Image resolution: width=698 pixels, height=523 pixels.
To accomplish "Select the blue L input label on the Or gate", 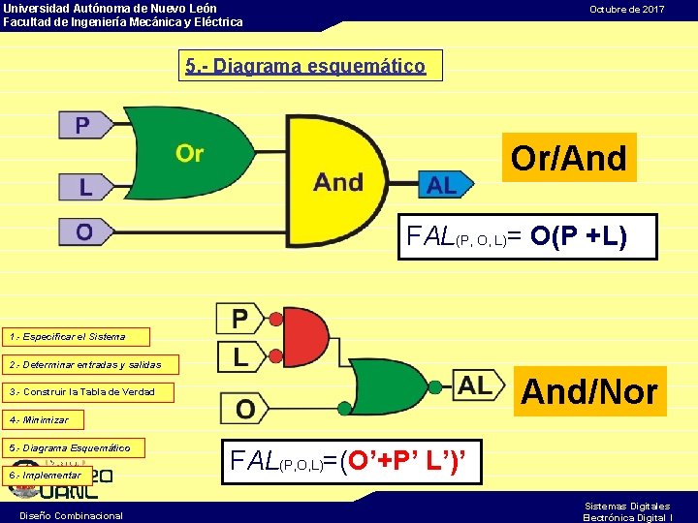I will tap(85, 186).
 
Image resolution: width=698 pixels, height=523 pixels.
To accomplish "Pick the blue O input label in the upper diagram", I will tap(85, 232).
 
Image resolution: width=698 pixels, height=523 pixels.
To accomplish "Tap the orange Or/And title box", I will tap(569, 158).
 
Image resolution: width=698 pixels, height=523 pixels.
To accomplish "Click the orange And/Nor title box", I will tap(589, 391).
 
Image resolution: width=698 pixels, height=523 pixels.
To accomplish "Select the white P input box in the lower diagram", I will tap(239, 318).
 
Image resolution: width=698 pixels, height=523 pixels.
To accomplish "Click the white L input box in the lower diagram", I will tap(239, 356).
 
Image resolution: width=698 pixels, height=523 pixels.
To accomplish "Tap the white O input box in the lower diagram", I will tap(245, 408).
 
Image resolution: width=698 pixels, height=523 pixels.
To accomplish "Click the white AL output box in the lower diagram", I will tap(476, 385).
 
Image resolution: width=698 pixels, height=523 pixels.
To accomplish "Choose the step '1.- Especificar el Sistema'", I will tap(77, 337).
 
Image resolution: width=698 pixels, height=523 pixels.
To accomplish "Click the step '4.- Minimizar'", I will tap(43, 420).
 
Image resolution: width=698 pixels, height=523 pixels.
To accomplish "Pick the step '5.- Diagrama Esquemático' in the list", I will tap(74, 447).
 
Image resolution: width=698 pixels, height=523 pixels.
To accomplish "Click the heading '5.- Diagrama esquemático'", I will tap(305, 66).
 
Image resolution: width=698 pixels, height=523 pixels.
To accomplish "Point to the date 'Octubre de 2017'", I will tap(627, 9).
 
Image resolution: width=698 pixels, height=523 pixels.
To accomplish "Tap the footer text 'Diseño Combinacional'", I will tap(71, 515).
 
